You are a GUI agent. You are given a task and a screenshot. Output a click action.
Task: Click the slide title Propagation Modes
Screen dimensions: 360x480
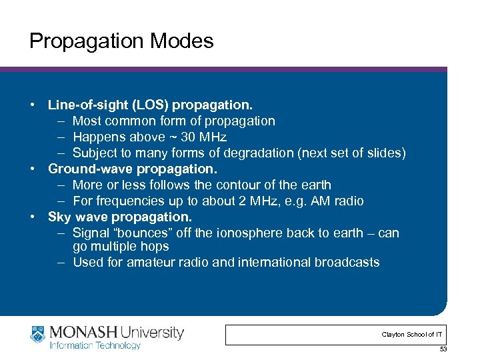pos(121,41)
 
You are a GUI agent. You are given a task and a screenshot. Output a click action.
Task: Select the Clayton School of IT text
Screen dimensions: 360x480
pos(412,334)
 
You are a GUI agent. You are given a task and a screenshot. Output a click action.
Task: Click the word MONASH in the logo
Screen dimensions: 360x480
pos(81,332)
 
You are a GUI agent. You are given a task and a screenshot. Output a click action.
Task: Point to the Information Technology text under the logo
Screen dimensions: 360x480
pos(95,345)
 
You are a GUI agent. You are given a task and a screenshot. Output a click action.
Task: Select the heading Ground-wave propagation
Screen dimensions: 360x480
pos(133,169)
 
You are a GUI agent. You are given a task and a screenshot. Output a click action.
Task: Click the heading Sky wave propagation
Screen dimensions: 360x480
pos(120,217)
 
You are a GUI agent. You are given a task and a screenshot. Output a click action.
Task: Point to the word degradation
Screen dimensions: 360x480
pos(261,153)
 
